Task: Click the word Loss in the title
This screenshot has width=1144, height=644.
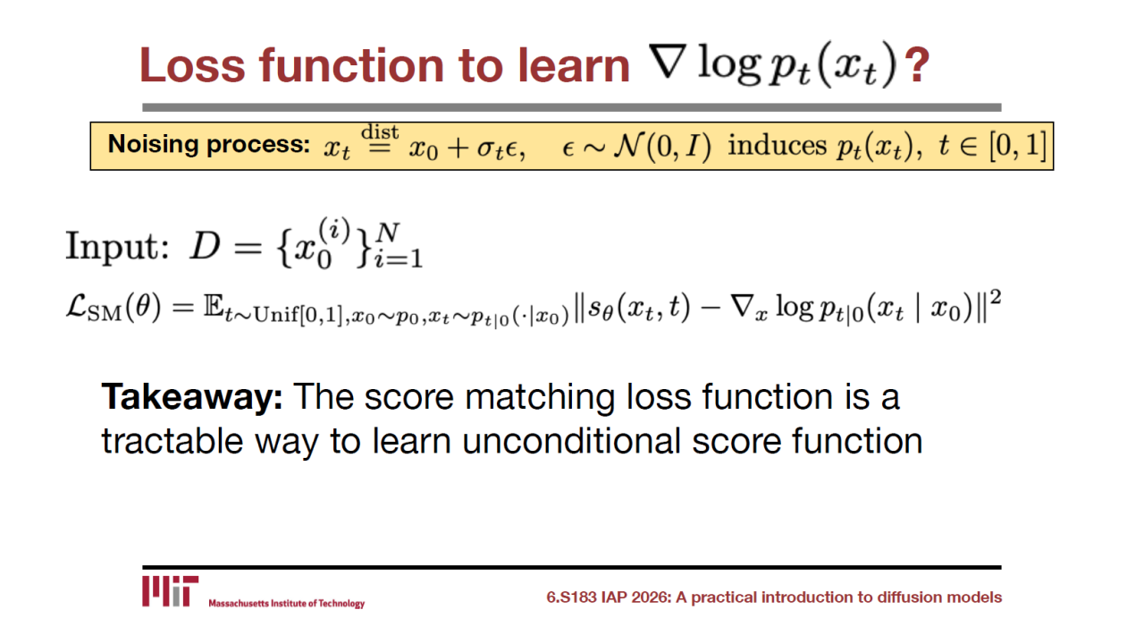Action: (x=192, y=65)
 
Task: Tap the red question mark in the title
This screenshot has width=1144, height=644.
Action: (x=917, y=65)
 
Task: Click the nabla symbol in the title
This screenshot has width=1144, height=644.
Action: (x=667, y=62)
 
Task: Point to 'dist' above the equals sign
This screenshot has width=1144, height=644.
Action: (x=380, y=131)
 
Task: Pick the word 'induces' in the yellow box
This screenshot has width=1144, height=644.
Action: (x=777, y=145)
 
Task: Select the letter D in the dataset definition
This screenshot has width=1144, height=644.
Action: (x=205, y=246)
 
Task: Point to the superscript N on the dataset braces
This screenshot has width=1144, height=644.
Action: (x=388, y=233)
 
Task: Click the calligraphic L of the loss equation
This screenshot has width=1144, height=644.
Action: (x=77, y=307)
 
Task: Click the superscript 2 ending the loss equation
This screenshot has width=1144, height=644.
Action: (x=995, y=298)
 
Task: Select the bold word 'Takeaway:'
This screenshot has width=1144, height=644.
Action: (x=192, y=396)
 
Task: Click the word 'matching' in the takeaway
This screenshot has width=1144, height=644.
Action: (x=539, y=398)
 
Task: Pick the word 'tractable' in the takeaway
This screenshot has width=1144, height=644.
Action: (x=172, y=441)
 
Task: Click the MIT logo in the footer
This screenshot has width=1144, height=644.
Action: (x=170, y=591)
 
